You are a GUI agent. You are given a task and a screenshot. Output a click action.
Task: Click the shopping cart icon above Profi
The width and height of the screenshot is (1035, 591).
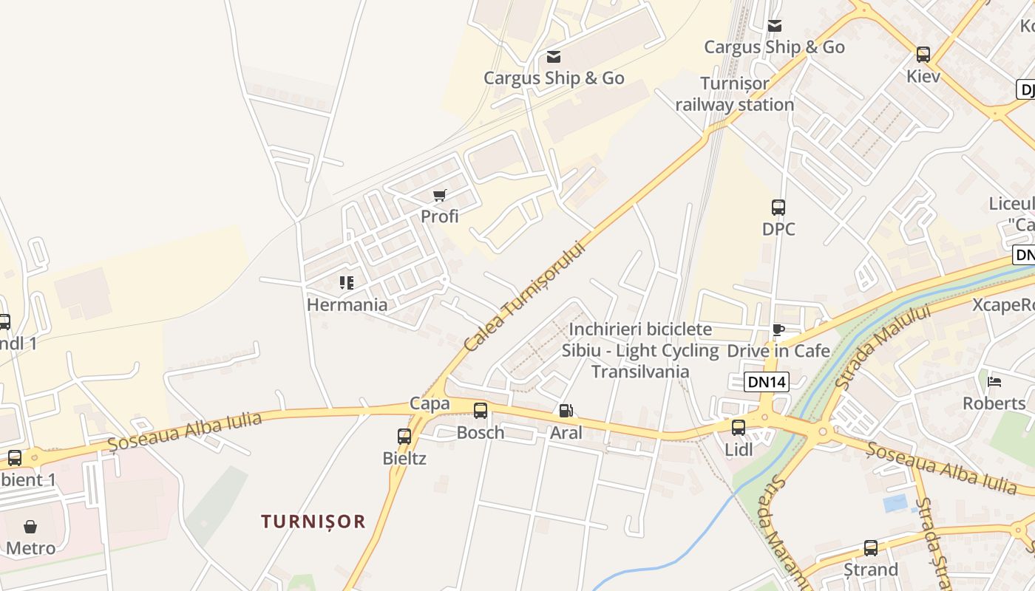tap(440, 195)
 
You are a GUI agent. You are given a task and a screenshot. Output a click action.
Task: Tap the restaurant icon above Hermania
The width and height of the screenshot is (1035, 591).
tap(347, 282)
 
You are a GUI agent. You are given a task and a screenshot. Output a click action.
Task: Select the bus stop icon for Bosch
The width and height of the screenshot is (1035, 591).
tap(481, 411)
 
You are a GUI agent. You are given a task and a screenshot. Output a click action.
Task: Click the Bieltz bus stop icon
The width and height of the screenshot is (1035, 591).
tap(404, 436)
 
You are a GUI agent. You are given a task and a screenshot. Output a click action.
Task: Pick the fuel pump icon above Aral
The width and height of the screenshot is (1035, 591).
tap(566, 411)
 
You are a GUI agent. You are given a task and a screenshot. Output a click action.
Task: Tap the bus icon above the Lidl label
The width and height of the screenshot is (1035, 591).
tap(738, 427)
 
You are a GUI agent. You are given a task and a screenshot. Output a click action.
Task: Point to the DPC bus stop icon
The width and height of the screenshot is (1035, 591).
tap(778, 208)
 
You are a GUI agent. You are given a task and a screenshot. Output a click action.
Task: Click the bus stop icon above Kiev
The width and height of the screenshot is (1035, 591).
tap(923, 54)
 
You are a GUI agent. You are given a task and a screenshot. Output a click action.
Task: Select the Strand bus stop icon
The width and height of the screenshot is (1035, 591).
tap(871, 548)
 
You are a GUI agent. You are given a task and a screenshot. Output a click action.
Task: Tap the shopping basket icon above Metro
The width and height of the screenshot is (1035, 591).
tap(30, 527)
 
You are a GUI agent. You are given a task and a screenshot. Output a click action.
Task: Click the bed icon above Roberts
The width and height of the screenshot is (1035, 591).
tap(994, 381)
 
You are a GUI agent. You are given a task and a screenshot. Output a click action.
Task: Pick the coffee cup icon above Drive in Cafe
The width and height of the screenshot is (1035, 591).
tap(778, 329)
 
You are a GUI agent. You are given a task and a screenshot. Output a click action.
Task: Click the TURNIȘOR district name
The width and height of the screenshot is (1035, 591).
tap(313, 522)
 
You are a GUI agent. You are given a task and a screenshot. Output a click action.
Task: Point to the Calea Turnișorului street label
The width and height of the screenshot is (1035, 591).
tap(525, 296)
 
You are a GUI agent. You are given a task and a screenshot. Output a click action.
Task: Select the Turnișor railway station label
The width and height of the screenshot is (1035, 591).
tap(735, 94)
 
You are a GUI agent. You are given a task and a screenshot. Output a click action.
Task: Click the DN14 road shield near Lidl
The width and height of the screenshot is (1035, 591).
tap(767, 382)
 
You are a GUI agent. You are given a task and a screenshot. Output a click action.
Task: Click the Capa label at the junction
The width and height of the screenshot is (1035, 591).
tap(430, 403)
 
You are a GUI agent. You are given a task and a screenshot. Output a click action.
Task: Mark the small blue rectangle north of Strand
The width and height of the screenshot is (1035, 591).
tap(895, 503)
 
